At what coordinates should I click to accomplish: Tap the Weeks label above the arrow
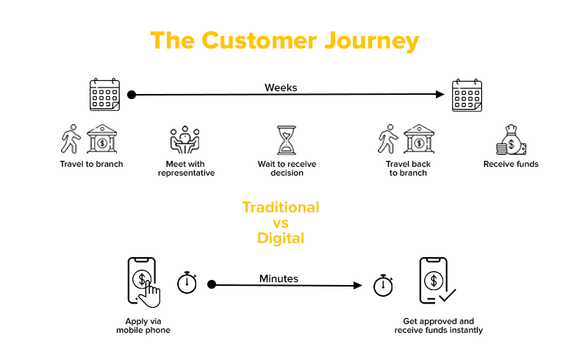(x=281, y=87)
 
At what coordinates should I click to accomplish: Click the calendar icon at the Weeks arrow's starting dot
(x=104, y=95)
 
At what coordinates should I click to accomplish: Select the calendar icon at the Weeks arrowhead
(x=467, y=95)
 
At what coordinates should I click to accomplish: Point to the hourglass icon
(x=285, y=140)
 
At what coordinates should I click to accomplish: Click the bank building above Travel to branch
(x=102, y=139)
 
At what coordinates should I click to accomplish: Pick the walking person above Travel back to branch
(x=387, y=139)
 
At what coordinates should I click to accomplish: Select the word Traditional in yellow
(x=281, y=207)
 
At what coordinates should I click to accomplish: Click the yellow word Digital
(x=281, y=238)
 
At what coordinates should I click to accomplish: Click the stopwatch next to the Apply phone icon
(x=187, y=282)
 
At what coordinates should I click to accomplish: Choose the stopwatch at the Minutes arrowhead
(x=384, y=284)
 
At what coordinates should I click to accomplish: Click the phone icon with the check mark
(x=436, y=281)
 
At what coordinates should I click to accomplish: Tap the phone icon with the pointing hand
(x=143, y=281)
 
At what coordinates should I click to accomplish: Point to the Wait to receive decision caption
(x=285, y=168)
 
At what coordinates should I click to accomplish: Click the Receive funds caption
(x=511, y=164)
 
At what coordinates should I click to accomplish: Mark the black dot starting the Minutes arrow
(x=212, y=284)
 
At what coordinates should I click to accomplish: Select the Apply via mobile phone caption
(x=143, y=325)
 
